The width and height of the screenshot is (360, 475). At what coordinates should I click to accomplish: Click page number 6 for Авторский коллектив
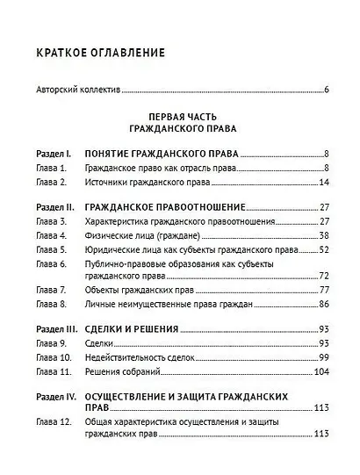325,90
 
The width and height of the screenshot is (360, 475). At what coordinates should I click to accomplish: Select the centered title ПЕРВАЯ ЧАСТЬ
180,116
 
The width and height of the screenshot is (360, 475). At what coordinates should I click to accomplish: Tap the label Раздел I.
54,153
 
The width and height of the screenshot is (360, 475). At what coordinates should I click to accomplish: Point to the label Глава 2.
51,182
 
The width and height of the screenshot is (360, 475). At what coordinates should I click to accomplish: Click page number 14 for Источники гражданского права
323,182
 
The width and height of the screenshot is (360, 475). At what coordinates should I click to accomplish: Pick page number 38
323,235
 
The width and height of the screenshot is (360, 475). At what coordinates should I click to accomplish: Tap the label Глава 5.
51,249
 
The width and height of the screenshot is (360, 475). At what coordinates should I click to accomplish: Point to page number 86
323,304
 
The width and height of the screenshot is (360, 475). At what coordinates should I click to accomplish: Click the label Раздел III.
57,329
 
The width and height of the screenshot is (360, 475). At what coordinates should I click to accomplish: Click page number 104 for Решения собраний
320,371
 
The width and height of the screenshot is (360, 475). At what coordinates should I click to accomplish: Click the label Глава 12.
53,421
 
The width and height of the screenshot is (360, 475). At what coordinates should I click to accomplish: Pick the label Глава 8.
51,304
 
